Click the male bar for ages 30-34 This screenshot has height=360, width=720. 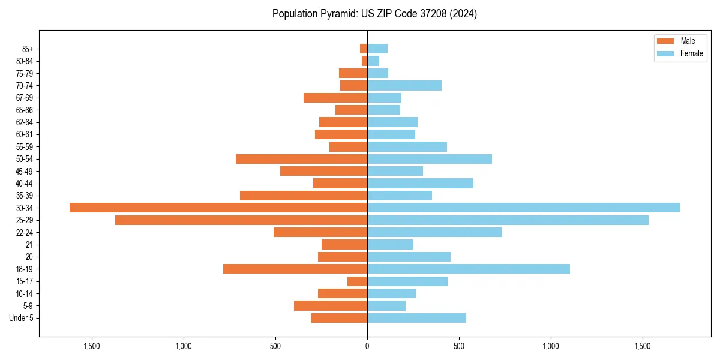(x=218, y=208)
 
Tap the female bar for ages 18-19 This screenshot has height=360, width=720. (x=469, y=269)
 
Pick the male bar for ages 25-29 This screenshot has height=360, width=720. (x=241, y=220)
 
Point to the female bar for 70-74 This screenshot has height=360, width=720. (x=404, y=86)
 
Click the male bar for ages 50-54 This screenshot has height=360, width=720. (x=301, y=159)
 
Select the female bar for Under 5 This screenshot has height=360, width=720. (x=416, y=318)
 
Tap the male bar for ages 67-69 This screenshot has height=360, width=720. (x=335, y=98)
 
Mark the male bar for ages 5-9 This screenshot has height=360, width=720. (x=331, y=306)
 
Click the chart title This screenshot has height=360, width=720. (x=374, y=14)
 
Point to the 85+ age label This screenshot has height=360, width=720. (x=28, y=49)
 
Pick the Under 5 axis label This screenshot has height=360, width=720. (x=22, y=318)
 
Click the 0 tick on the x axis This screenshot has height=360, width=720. (x=367, y=346)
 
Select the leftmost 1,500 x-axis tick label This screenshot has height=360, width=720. (x=92, y=346)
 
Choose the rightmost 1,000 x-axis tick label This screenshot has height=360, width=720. (x=551, y=346)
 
